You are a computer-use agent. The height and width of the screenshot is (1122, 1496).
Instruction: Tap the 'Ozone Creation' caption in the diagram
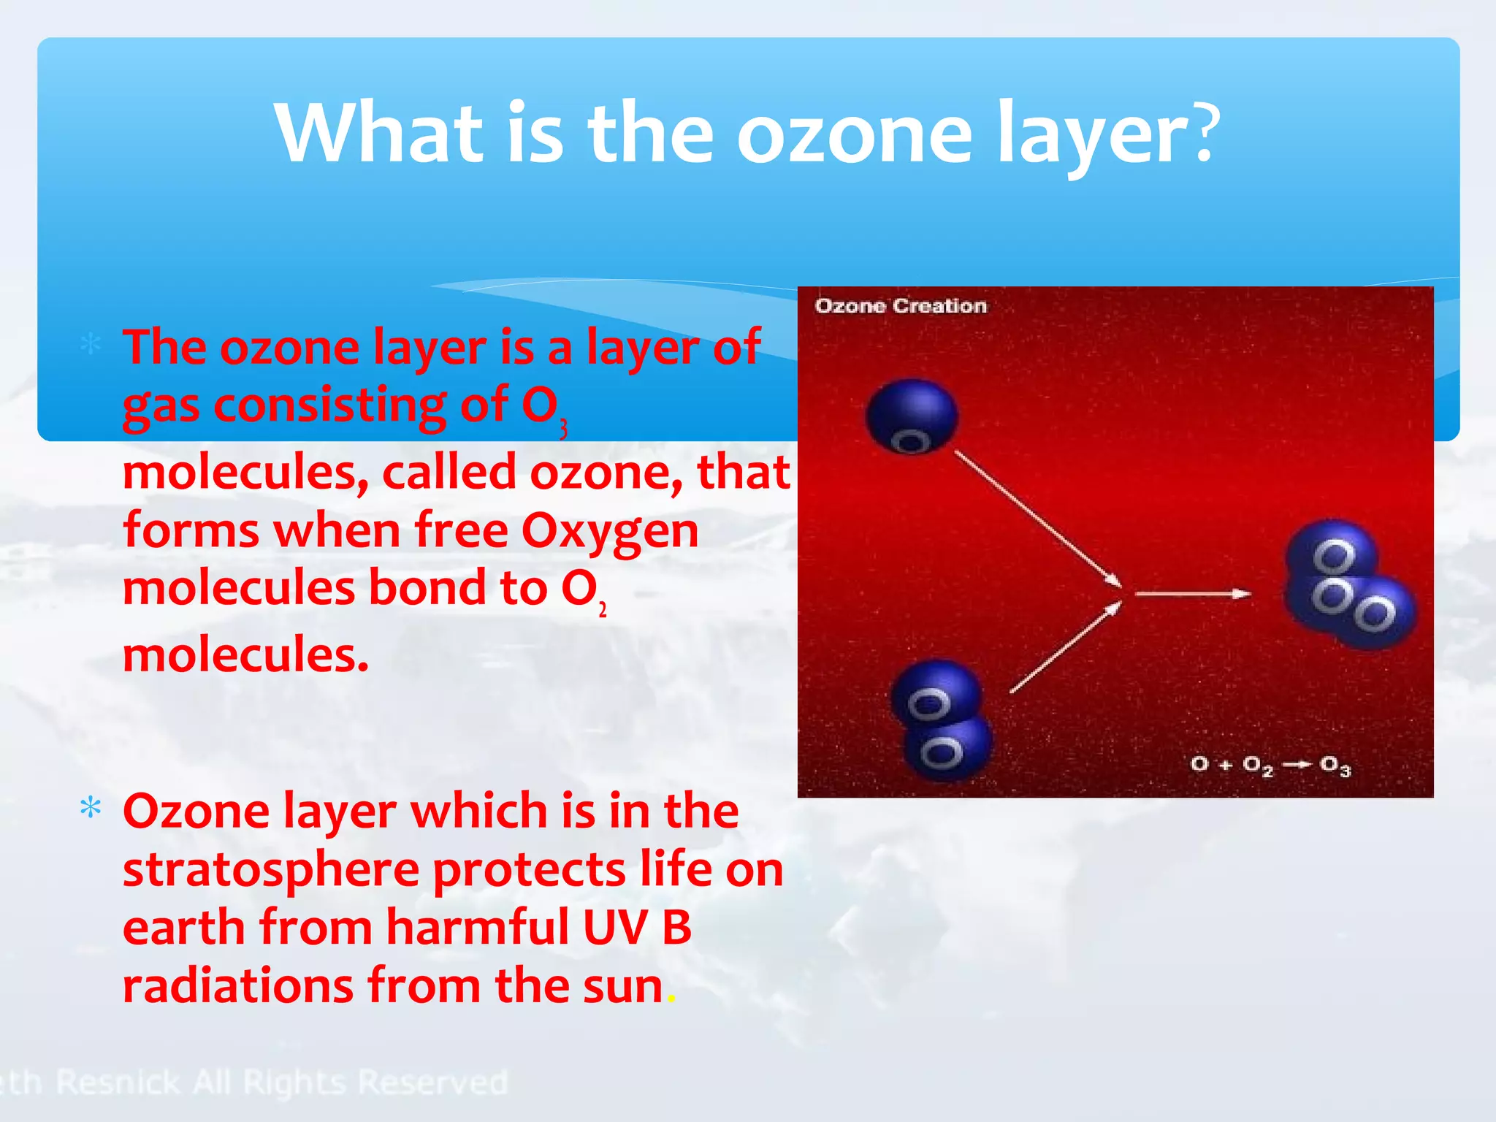901,305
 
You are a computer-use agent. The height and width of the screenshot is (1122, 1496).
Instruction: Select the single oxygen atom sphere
912,416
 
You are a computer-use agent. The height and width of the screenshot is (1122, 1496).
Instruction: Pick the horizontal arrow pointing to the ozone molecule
1194,594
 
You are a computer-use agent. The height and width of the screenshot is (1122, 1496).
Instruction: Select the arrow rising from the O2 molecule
1065,648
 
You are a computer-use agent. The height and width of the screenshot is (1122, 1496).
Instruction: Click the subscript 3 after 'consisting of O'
563,430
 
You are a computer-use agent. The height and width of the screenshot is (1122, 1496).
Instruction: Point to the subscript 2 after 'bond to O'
603,610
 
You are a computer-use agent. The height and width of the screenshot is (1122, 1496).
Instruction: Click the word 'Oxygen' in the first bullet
610,531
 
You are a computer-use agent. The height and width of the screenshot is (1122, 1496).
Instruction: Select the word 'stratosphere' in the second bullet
270,871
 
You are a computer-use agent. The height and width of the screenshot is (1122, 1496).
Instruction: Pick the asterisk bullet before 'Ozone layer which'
91,809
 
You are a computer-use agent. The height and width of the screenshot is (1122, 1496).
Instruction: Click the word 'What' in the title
379,133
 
